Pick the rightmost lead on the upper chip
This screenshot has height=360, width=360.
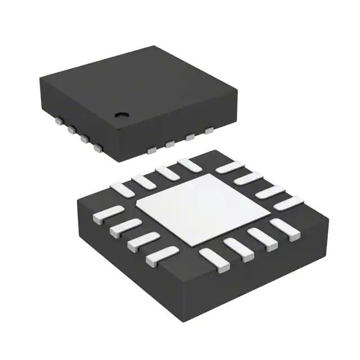click(209, 130)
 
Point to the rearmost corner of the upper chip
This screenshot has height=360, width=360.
click(154, 47)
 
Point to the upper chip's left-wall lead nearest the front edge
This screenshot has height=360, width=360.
click(98, 148)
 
